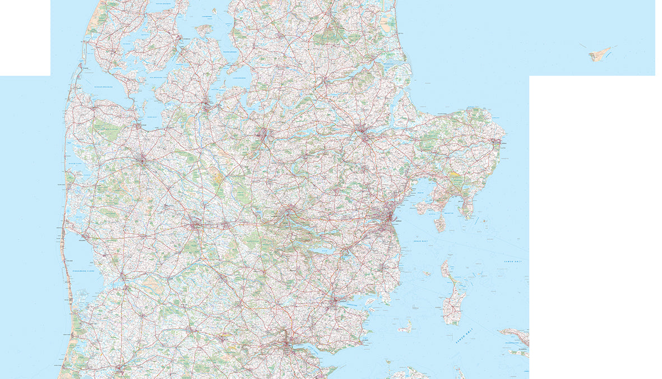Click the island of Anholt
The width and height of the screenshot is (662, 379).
pos(599,54)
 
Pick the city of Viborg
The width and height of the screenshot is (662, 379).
pos(263,135)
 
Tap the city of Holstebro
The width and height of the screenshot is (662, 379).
pos(141,161)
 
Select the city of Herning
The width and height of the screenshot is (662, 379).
pos(195,227)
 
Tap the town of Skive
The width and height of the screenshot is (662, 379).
pos(207,105)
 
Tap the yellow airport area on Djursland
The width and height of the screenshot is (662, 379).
pos(455,175)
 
